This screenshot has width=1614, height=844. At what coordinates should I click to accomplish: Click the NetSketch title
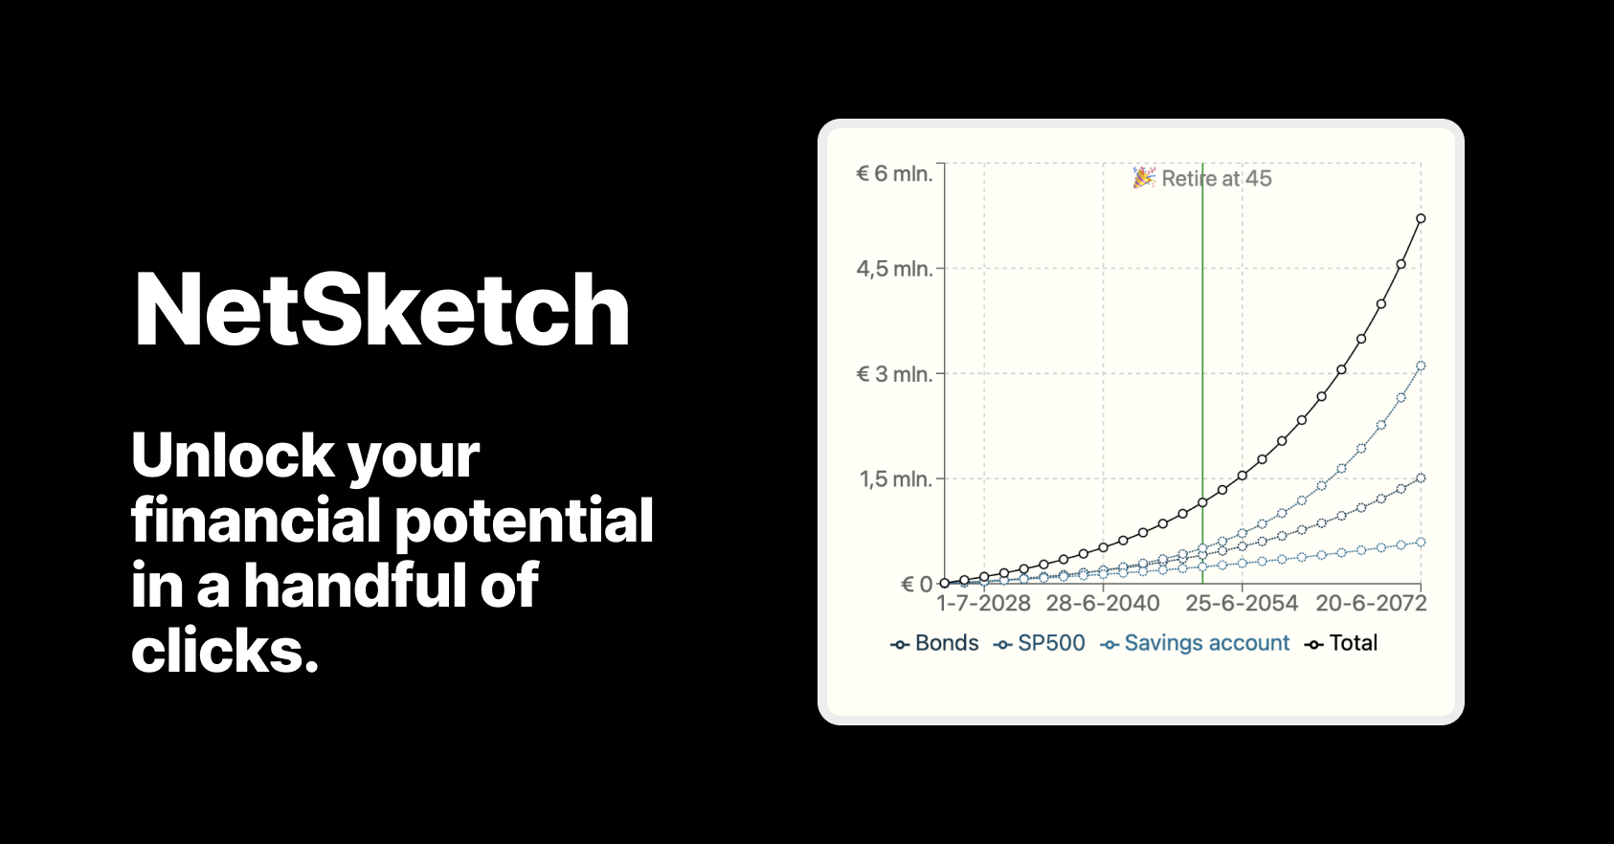382,310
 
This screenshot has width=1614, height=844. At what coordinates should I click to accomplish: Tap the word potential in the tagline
524,522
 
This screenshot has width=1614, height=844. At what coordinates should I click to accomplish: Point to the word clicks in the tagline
224,652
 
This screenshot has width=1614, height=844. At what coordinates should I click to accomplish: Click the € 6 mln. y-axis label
894,174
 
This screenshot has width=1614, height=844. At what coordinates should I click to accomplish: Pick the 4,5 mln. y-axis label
894,269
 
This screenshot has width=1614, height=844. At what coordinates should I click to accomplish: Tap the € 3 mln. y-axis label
894,374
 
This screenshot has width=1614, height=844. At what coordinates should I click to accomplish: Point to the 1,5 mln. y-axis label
895,479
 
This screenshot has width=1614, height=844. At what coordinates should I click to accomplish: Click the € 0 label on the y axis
916,585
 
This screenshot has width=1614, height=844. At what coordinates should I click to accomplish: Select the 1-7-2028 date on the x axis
983,604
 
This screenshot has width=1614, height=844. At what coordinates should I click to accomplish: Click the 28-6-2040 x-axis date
1103,604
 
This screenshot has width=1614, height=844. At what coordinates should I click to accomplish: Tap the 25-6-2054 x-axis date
1242,604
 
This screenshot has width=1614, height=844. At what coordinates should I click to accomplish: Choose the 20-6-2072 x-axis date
1371,604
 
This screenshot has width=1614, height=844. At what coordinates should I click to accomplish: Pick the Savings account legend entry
1196,643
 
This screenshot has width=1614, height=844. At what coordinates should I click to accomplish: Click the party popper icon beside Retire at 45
1144,178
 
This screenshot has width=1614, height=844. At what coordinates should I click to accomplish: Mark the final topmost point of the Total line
1421,219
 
